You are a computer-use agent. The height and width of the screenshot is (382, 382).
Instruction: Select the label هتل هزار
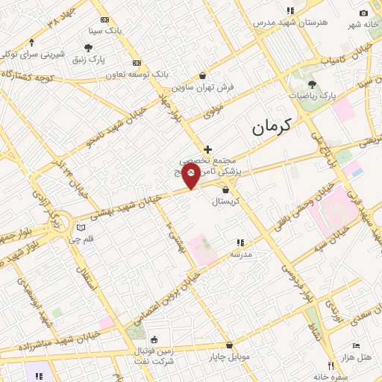tap(356, 359)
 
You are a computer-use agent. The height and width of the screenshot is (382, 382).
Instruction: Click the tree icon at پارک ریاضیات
tap(311, 84)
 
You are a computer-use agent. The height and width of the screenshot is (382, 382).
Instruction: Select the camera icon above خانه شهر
tap(363, 13)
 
